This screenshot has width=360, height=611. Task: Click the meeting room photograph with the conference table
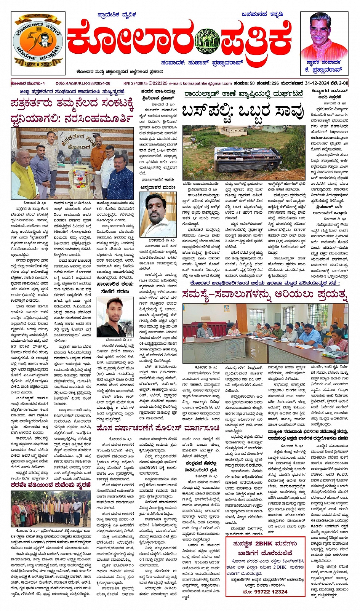[265, 333]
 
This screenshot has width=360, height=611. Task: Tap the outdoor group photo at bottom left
[51, 509]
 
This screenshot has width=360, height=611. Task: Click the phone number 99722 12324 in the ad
[265, 591]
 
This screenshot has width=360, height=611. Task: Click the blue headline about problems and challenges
[265, 294]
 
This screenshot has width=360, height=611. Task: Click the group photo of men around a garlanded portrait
[72, 163]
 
